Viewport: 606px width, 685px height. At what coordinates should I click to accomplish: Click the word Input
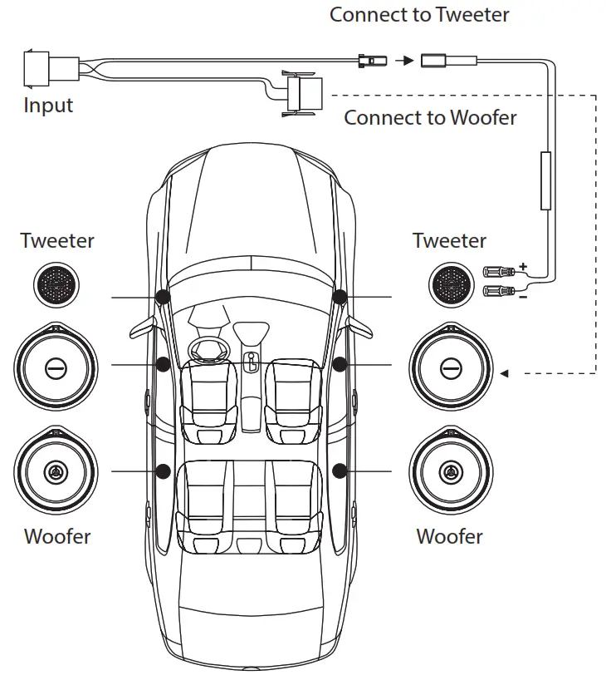pyautogui.click(x=48, y=106)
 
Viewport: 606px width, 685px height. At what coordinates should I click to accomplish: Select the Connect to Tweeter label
pyautogui.click(x=419, y=14)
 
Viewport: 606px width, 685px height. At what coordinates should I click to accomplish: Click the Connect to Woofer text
pyautogui.click(x=430, y=117)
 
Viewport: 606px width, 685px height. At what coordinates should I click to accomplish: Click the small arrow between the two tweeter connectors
pyautogui.click(x=403, y=60)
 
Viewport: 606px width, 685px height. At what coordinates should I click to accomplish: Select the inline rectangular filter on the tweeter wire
pyautogui.click(x=546, y=180)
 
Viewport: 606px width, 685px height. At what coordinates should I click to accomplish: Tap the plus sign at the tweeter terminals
pyautogui.click(x=523, y=267)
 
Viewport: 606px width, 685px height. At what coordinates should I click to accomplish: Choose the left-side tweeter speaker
pyautogui.click(x=57, y=283)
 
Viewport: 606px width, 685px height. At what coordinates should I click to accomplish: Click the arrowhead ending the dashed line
pyautogui.click(x=504, y=373)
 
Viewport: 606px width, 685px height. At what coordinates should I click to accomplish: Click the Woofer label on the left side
pyautogui.click(x=57, y=535)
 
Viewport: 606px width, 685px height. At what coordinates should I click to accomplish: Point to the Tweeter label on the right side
pyautogui.click(x=449, y=241)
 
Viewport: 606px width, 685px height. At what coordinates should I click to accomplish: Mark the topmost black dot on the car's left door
pyautogui.click(x=163, y=296)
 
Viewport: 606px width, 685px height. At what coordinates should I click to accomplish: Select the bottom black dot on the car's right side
pyautogui.click(x=339, y=471)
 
